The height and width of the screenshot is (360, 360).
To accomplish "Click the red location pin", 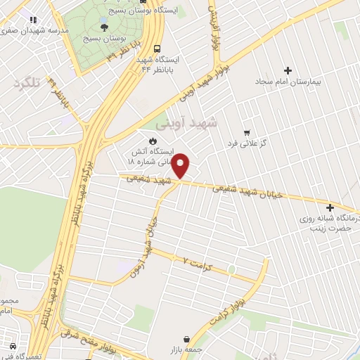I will pyautogui.click(x=181, y=165).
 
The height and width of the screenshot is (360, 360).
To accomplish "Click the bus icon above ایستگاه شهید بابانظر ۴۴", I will pyautogui.click(x=157, y=49).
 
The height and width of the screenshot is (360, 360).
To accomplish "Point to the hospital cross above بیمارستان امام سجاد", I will pyautogui.click(x=288, y=70).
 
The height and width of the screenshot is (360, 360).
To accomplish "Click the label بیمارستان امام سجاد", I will pyautogui.click(x=287, y=82).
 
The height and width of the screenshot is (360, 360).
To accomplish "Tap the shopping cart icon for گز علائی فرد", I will pyautogui.click(x=246, y=132).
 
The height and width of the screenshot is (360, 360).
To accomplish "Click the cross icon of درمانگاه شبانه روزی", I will pyautogui.click(x=330, y=207).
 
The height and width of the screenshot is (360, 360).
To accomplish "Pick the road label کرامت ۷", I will pyautogui.click(x=198, y=264).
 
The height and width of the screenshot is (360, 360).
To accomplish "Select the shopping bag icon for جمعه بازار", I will pyautogui.click(x=186, y=339).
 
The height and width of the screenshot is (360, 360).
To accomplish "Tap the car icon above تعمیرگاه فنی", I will pyautogui.click(x=12, y=346).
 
